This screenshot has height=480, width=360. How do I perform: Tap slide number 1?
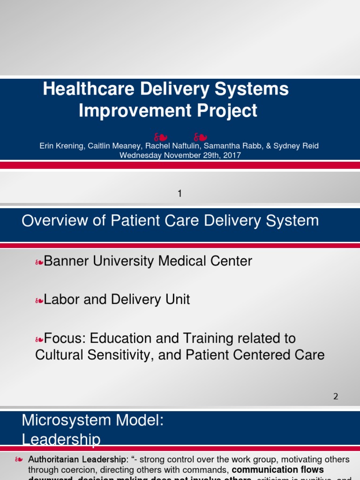pos(180,193)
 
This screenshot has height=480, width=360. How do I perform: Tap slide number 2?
pos(336,396)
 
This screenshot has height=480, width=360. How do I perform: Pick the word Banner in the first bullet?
pos(66,261)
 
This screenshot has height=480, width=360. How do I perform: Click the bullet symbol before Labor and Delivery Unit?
pos(39,300)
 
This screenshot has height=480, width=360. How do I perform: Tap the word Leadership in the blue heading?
pos(61,439)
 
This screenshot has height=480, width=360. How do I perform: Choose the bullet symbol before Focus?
pos(39,338)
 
